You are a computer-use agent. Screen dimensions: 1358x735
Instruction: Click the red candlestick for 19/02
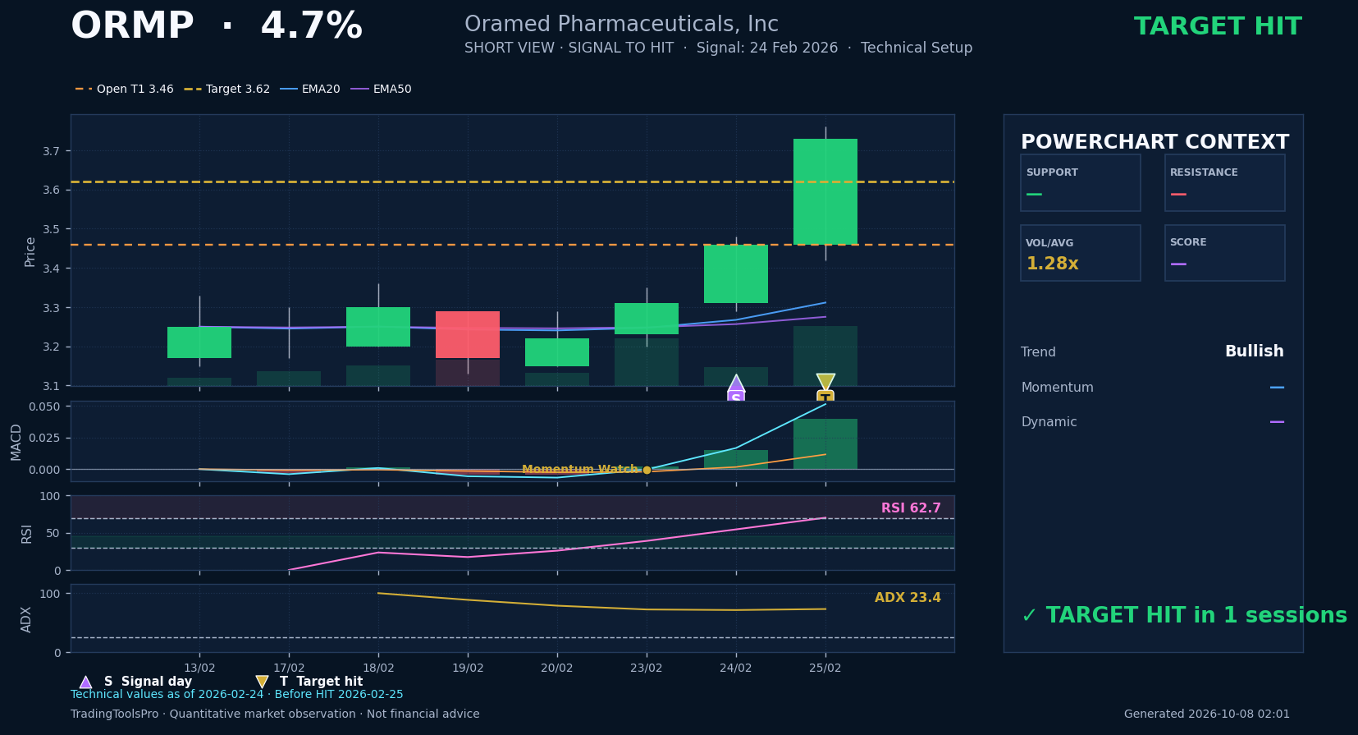click(468, 334)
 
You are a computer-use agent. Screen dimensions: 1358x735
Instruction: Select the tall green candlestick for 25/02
click(825, 192)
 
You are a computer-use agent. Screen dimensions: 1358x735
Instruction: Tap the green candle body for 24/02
click(735, 273)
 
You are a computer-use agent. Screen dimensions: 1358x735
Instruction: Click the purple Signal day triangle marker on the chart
click(735, 383)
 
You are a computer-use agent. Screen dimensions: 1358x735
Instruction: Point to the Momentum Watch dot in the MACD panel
click(647, 470)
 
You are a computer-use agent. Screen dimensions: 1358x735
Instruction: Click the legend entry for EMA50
click(381, 90)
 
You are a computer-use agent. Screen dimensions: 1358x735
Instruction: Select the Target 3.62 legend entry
click(227, 90)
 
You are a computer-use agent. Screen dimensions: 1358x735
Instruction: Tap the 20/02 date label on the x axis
click(556, 668)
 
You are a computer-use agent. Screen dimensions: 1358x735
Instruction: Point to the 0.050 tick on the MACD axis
click(44, 407)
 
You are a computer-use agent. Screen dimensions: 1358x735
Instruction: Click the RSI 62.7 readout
click(911, 508)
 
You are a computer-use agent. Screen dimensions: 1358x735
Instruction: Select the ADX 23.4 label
click(908, 598)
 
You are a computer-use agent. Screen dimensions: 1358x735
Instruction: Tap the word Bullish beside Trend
click(1254, 351)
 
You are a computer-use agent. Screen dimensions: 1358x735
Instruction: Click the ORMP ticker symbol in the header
click(132, 27)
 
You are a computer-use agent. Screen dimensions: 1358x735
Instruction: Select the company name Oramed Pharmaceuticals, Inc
click(621, 25)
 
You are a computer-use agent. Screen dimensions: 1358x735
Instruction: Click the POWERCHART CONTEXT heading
click(1155, 142)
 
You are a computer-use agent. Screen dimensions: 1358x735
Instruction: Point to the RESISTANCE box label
click(1204, 172)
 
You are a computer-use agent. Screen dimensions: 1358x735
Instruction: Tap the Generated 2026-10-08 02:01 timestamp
click(1206, 714)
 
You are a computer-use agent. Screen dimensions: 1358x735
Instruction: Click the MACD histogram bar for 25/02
click(825, 443)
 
